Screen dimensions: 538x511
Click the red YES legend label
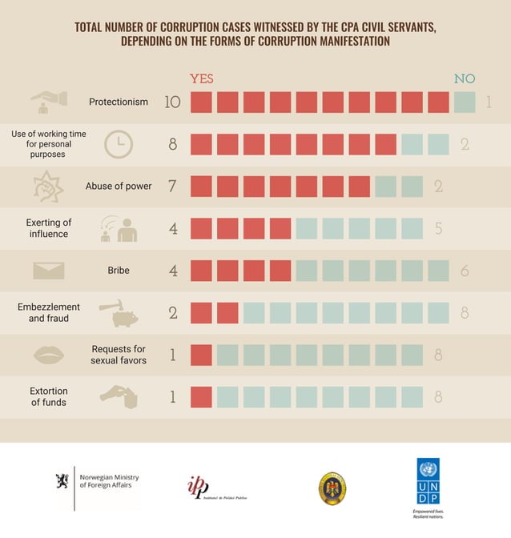click(x=201, y=78)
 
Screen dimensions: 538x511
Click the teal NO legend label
click(x=465, y=78)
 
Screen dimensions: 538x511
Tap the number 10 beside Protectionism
click(x=172, y=102)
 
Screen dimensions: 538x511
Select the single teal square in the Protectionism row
click(x=465, y=102)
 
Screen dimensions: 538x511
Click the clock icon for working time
click(x=119, y=144)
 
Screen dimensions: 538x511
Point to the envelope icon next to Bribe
click(x=48, y=271)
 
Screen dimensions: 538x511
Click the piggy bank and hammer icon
click(x=119, y=313)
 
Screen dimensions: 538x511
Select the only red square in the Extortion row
click(x=201, y=396)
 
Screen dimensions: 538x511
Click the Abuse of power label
click(x=119, y=187)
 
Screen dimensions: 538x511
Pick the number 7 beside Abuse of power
click(x=172, y=187)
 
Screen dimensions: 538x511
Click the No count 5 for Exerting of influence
click(x=438, y=229)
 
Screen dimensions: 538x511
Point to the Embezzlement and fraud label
click(x=49, y=312)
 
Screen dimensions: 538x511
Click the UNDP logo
click(x=429, y=485)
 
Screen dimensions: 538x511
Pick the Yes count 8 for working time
click(x=172, y=145)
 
